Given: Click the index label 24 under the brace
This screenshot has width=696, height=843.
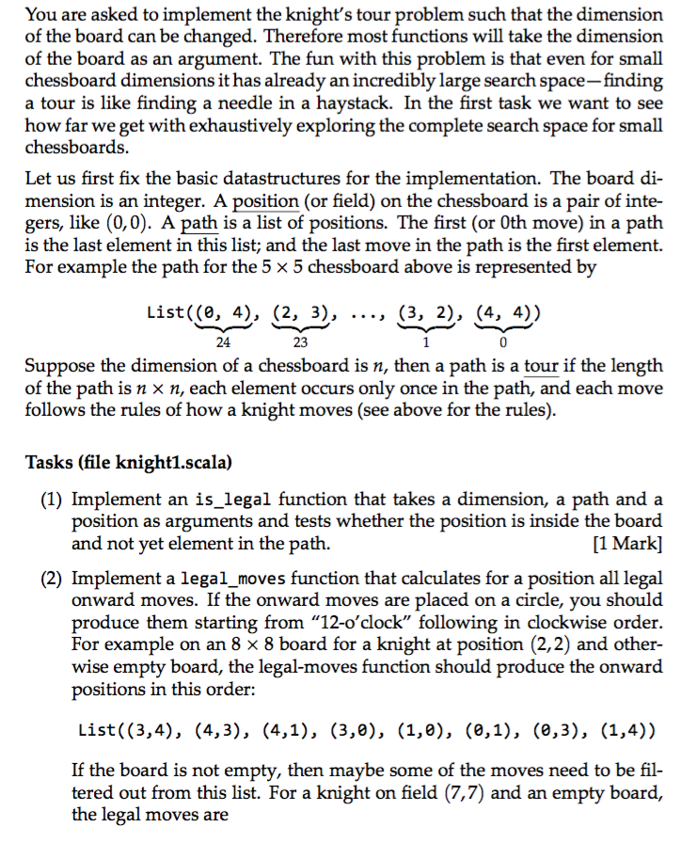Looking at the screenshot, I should coord(224,342).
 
